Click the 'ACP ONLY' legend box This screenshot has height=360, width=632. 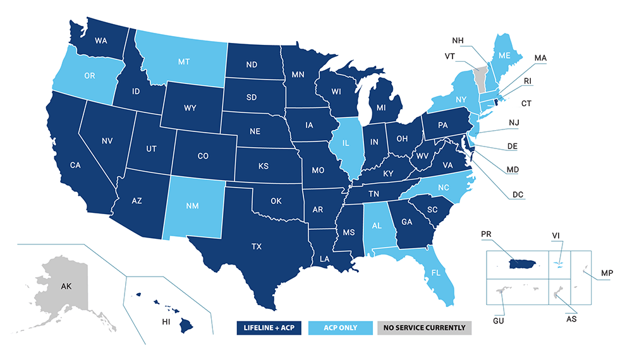[341, 328]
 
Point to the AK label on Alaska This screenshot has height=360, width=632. [66, 287]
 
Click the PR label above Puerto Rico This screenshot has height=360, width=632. [486, 234]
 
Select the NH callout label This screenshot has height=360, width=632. [458, 41]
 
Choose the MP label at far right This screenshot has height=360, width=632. [607, 272]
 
